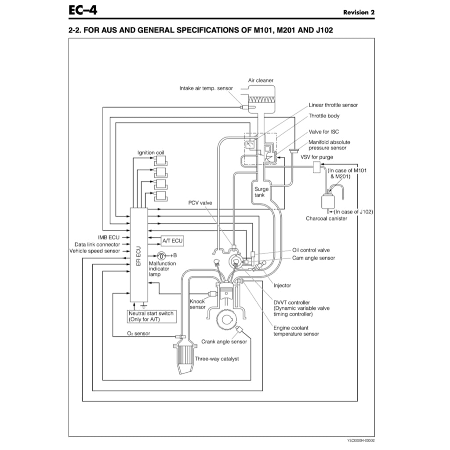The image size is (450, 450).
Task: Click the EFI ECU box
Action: [138, 255]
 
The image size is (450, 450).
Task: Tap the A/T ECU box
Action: [172, 240]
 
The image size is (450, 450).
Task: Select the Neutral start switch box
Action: [151, 316]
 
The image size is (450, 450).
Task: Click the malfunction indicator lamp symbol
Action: [162, 255]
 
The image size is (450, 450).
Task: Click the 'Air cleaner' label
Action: [261, 80]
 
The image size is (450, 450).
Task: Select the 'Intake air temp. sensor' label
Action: [206, 88]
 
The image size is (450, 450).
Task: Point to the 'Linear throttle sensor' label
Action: [333, 105]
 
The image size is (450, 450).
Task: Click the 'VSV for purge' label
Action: [316, 157]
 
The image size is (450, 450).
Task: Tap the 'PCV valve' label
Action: [200, 203]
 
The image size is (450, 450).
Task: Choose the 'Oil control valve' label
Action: [311, 250]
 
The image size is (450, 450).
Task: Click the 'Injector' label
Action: [282, 286]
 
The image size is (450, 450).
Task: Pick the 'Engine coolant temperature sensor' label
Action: [296, 331]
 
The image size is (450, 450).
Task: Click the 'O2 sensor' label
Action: [138, 334]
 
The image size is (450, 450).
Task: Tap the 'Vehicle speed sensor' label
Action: [94, 251]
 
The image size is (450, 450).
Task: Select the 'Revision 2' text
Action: [359, 12]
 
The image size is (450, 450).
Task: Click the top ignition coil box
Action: [159, 161]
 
